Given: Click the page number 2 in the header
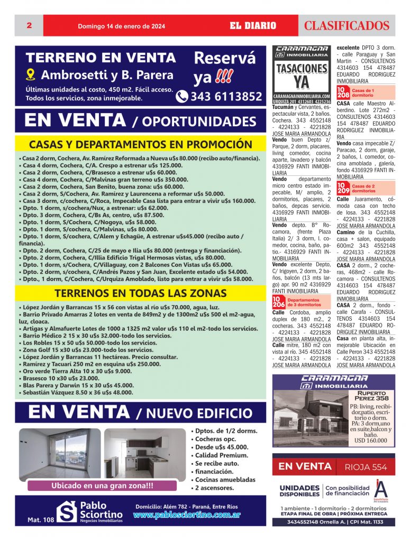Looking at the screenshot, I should coord(29,25).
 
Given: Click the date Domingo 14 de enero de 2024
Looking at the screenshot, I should coord(122,26).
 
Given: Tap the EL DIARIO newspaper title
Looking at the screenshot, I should coord(253,25).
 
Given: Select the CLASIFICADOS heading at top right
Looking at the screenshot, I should coord(347,25).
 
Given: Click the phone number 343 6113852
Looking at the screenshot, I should coord(220,96).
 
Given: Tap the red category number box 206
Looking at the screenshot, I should coord(278,302).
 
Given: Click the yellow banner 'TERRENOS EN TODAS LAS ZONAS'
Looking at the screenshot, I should coord(141,293).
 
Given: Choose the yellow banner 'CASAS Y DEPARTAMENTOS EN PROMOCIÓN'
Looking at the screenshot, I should coord(141,145).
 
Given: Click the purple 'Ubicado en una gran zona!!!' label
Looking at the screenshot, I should coord(103,486).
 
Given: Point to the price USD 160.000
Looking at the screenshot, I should coord(371,441).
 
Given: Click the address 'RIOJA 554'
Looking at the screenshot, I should coord(366,467).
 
